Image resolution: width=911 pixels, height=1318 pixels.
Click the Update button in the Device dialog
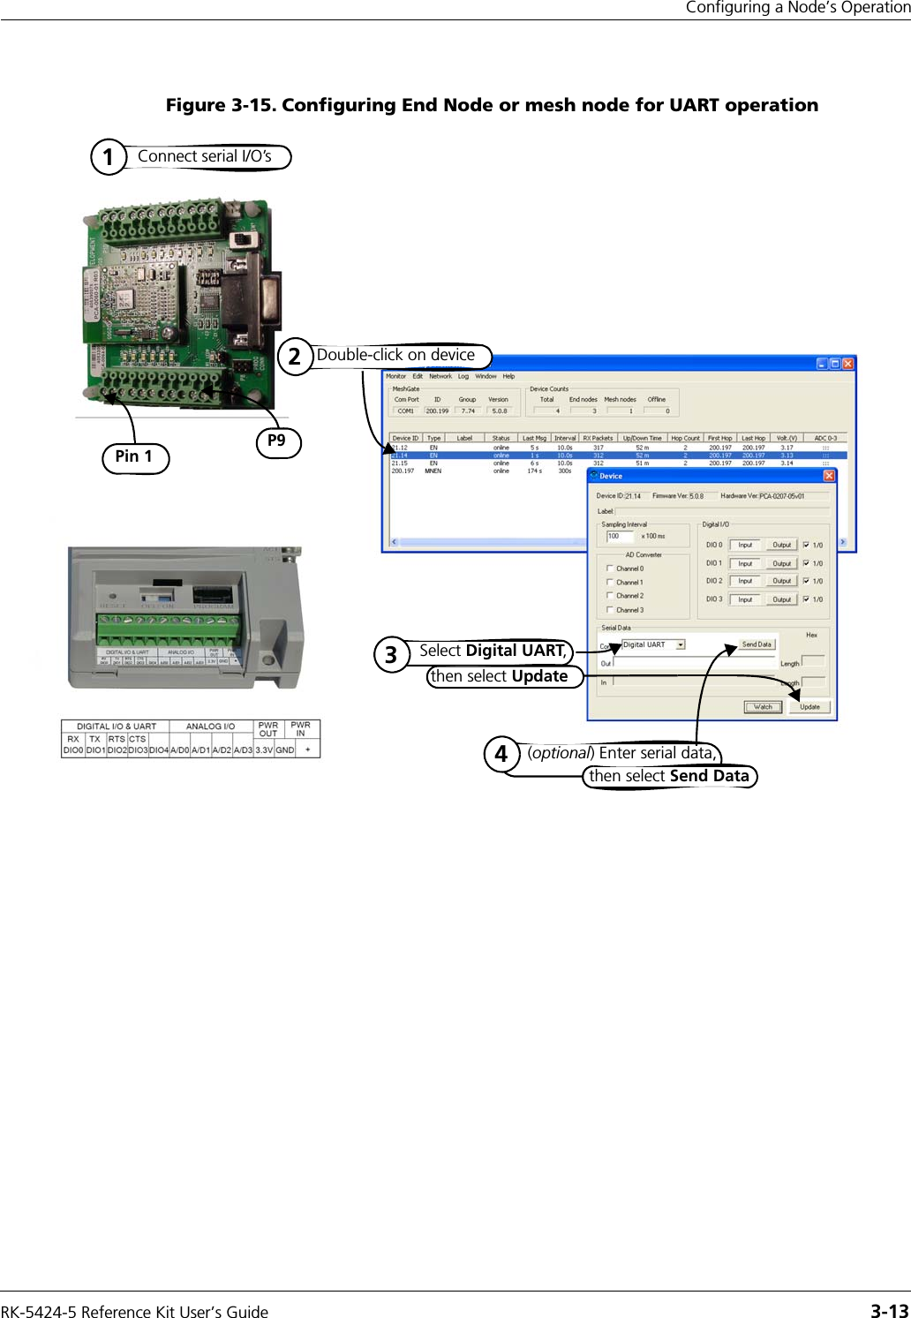tap(809, 706)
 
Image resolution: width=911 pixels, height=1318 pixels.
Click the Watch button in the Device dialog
tap(763, 706)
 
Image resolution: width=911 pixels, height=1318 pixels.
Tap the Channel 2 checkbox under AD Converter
tap(610, 596)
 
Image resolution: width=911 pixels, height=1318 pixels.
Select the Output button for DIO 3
tap(781, 599)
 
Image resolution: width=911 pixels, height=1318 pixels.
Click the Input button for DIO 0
tap(745, 545)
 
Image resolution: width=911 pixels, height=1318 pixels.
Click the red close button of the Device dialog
tap(829, 476)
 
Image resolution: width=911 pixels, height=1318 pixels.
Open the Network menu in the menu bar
tap(440, 376)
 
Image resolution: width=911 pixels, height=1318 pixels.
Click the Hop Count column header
tap(685, 438)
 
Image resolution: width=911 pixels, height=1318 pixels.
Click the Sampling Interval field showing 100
tap(619, 536)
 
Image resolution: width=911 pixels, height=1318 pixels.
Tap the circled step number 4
tap(501, 755)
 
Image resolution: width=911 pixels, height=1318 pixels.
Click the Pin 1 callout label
tap(134, 456)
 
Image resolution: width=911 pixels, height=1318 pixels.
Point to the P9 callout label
tap(277, 441)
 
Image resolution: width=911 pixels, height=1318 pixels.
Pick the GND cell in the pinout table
tap(285, 749)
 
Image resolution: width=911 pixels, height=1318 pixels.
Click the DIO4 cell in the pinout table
tap(159, 749)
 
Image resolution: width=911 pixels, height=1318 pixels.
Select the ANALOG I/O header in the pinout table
tap(210, 727)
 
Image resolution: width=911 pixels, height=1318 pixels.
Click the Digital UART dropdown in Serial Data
tap(654, 644)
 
